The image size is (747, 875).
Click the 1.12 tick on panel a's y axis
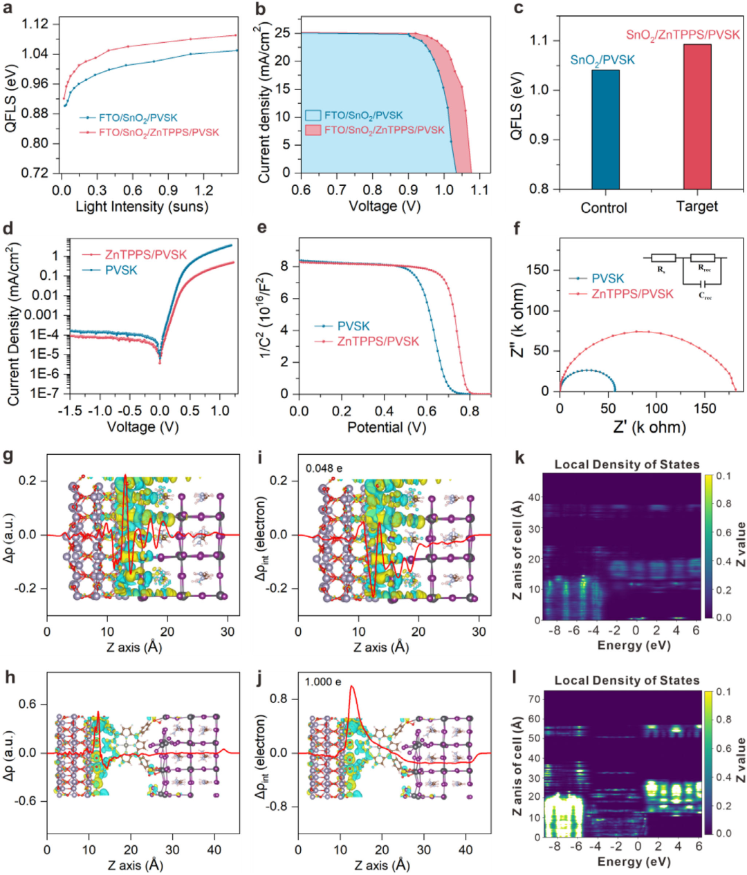(35, 24)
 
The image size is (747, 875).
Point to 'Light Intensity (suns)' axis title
(142, 206)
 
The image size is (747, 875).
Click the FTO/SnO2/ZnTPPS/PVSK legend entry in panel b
(376, 130)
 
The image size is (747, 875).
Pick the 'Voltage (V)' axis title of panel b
(385, 206)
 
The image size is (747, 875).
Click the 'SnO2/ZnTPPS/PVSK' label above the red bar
(682, 35)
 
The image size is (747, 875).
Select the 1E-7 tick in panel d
(47, 393)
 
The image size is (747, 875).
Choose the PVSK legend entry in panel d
(121, 270)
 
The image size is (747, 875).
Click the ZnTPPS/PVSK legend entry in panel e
(378, 341)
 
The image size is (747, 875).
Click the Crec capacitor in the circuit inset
(704, 283)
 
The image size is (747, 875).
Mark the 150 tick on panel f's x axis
(705, 408)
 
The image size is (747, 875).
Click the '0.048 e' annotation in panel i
(324, 468)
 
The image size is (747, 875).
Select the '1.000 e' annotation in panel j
(323, 682)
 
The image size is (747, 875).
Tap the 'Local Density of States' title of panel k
(627, 464)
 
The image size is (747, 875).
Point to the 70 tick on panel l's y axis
(533, 698)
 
